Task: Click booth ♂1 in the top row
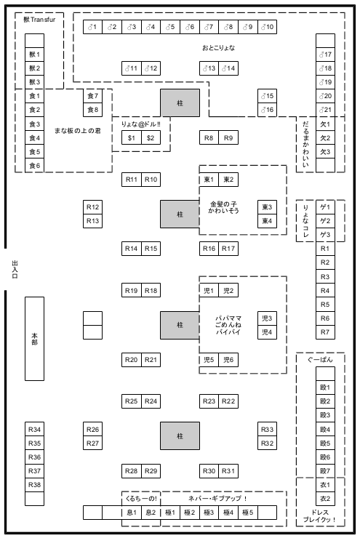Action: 92,27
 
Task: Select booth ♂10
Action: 268,27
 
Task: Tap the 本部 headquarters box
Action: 34,339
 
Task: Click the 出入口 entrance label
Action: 15,269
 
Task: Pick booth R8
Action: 209,137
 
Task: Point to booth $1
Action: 132,137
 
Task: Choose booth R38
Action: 34,485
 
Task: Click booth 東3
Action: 268,207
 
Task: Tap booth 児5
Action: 209,360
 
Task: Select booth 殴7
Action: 325,471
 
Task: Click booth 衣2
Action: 325,499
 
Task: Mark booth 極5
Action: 248,513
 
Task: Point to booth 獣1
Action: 34,55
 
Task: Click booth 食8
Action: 92,110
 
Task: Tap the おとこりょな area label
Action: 219,48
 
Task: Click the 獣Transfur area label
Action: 39,19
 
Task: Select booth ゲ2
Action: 325,221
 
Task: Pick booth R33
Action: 268,429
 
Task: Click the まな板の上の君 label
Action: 78,130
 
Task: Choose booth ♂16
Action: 268,110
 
